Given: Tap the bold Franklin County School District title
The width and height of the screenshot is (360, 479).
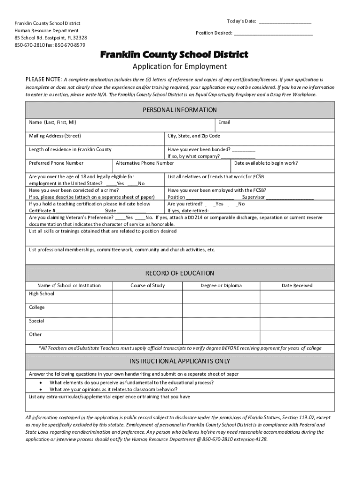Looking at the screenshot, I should pos(174,55).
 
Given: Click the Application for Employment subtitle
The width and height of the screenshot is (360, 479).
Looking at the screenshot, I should pos(180,66).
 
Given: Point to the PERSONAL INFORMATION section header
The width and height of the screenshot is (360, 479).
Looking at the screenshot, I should pos(180,110).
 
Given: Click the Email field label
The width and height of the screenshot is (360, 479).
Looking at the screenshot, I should pos(224,123).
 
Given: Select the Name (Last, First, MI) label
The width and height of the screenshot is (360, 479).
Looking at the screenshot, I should pos(52,123).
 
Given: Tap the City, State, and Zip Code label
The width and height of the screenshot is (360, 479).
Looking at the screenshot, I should pos(194,136).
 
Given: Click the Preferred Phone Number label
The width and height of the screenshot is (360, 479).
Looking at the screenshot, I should pos(56,163).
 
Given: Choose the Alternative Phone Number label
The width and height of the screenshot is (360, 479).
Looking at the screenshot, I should pos(144,163).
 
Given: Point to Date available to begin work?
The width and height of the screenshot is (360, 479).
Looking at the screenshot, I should pos(266,163).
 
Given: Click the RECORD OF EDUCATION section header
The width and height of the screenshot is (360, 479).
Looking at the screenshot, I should pos(180,273).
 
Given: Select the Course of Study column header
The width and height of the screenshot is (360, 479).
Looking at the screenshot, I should pos(147,285).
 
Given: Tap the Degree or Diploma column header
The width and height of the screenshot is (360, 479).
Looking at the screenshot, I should pos(221,285).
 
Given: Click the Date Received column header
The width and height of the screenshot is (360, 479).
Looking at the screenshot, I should pos(297,285).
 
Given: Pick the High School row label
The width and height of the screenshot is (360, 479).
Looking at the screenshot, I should pos(42,294).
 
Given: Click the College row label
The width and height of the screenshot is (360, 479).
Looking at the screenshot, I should pos(37,307).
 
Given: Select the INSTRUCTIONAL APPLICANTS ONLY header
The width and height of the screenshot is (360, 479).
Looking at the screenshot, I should pos(180,362).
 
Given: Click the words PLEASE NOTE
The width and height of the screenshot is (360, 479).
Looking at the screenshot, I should pos(43,80).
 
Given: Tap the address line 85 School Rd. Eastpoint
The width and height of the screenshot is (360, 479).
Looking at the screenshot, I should pos(50,38).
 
